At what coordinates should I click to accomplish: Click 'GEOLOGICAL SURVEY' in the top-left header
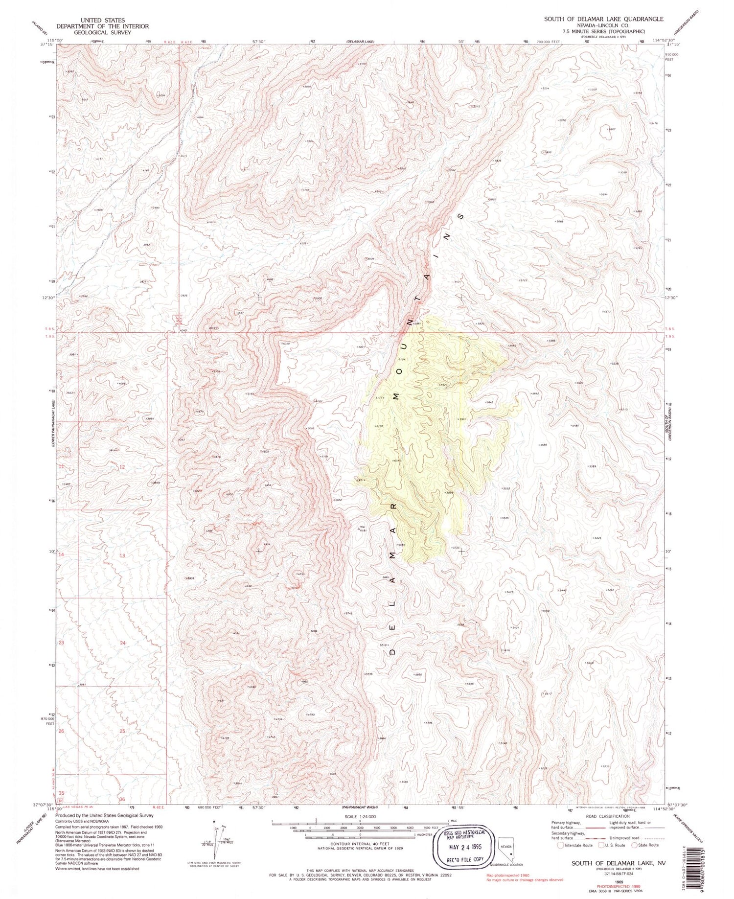[x=102, y=32]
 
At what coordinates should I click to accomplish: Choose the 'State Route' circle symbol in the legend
[x=634, y=845]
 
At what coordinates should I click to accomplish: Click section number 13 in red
[x=122, y=555]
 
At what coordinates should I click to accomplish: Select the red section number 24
[x=122, y=643]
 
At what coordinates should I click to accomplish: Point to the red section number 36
[x=122, y=800]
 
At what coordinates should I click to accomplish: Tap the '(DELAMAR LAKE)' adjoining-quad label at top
[x=361, y=42]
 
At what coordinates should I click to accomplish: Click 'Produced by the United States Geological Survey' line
[x=111, y=816]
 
